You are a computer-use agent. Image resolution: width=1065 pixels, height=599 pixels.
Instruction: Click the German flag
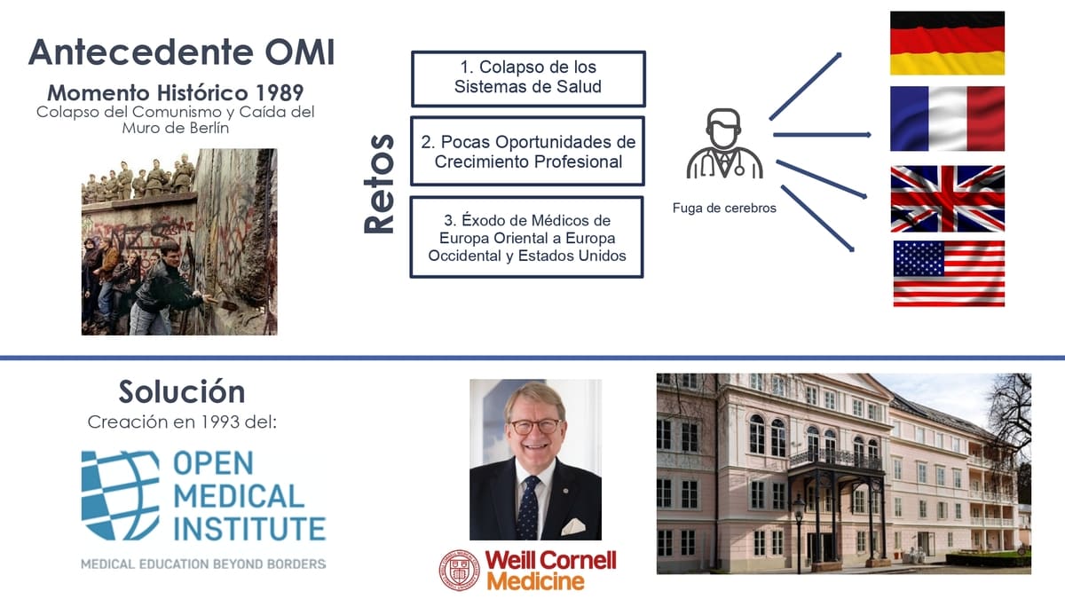[947, 43]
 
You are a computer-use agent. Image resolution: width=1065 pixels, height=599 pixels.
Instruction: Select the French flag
[947, 118]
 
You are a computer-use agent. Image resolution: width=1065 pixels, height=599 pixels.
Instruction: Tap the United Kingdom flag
[948, 199]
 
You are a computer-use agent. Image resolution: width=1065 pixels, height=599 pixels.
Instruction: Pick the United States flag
[949, 273]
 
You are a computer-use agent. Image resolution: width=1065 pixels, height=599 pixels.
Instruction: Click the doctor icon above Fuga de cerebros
[724, 144]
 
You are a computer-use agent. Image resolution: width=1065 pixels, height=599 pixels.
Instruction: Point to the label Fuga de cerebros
[724, 209]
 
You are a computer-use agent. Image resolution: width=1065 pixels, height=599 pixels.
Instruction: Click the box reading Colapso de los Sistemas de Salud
[528, 78]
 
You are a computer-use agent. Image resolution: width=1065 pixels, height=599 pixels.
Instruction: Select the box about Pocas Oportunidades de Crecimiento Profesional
[528, 151]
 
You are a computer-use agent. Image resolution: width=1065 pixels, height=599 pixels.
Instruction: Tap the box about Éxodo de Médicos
[527, 237]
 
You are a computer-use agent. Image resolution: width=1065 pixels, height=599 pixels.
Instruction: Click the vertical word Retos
[379, 184]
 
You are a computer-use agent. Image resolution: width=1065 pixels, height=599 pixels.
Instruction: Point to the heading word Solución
[182, 391]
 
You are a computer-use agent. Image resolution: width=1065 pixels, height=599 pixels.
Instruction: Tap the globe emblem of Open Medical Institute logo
[121, 495]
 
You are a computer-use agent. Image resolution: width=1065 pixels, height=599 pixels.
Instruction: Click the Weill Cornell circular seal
[460, 570]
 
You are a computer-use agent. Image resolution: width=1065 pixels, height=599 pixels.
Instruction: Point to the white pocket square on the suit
[573, 527]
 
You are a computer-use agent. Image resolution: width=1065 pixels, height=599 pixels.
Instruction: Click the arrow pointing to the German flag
[806, 86]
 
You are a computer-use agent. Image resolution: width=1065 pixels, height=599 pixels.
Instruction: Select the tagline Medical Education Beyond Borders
[203, 564]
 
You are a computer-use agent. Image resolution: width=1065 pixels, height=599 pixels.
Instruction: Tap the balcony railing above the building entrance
[835, 458]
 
